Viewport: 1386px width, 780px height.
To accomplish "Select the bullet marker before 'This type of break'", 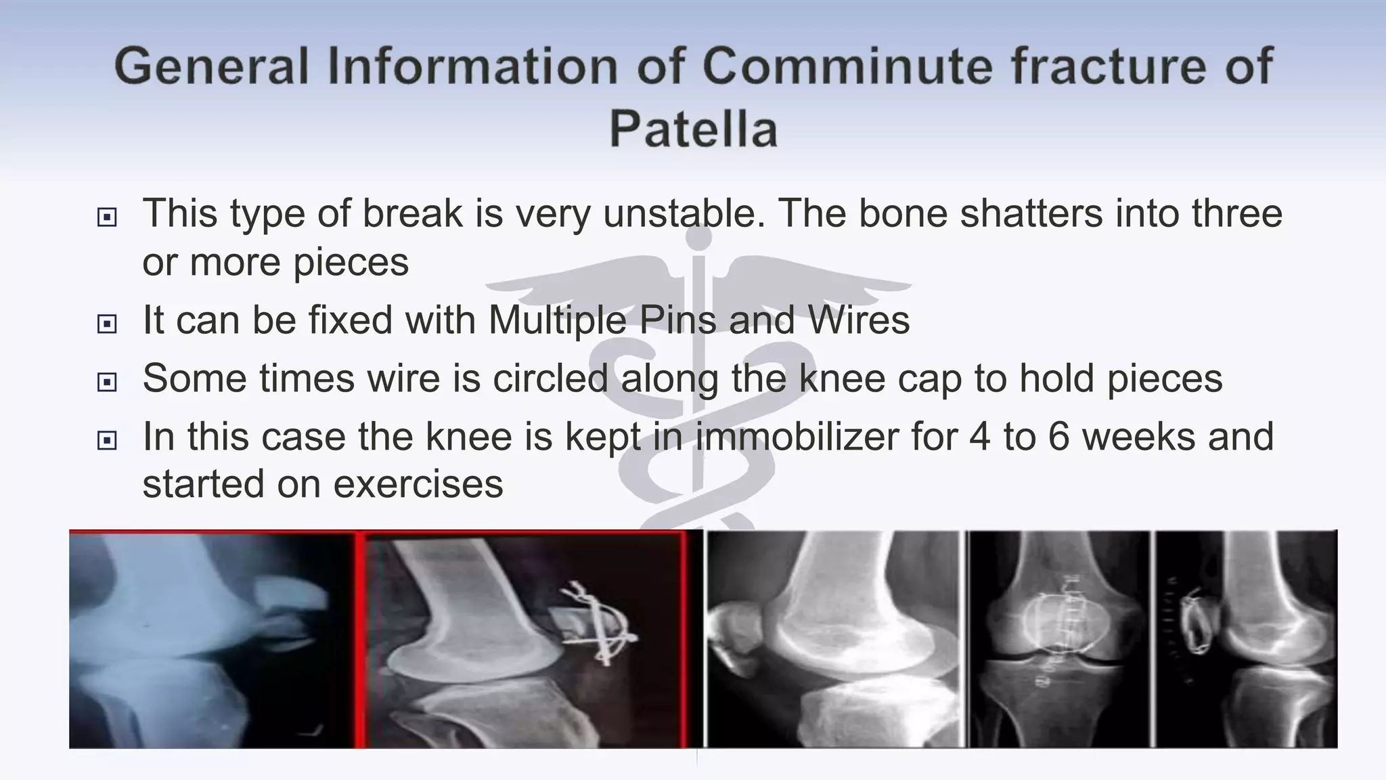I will (x=107, y=217).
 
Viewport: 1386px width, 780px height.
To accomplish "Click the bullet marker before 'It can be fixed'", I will (x=107, y=324).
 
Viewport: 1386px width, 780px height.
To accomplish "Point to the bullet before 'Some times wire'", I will (x=107, y=382).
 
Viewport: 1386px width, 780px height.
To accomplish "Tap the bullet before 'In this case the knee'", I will (x=107, y=441).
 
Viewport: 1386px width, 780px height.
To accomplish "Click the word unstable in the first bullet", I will (x=684, y=213).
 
